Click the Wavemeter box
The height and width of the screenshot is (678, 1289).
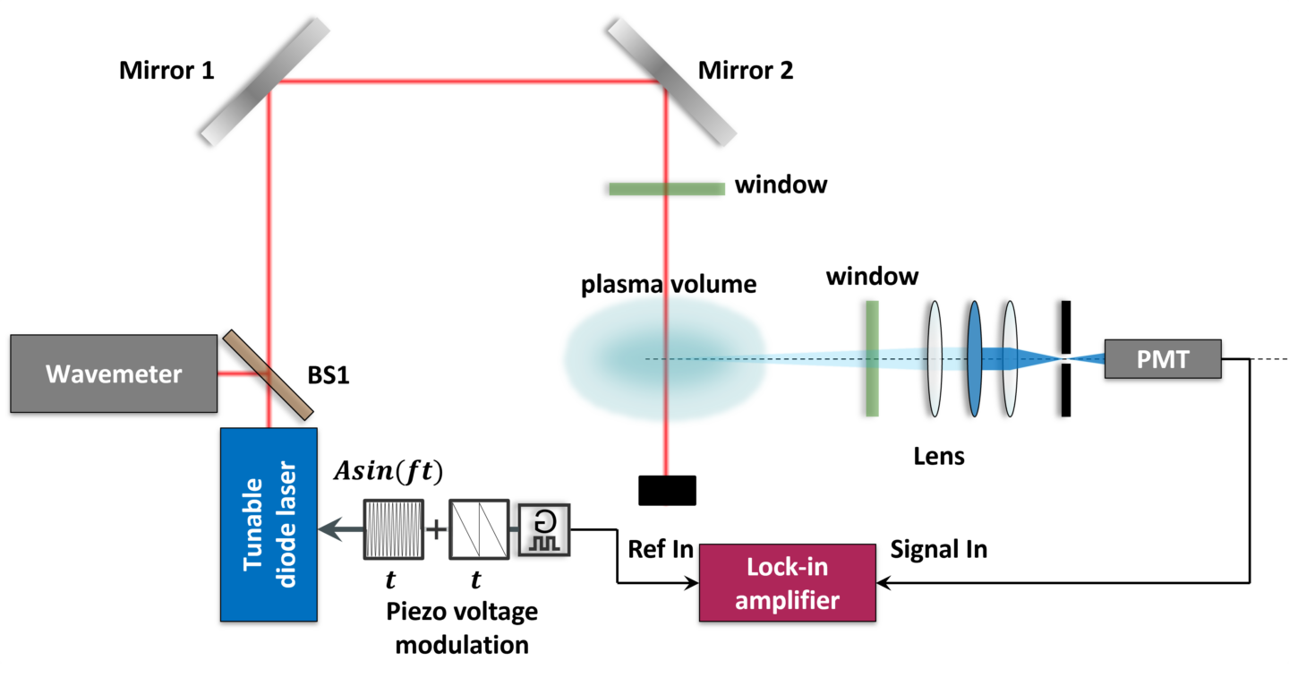pyautogui.click(x=114, y=373)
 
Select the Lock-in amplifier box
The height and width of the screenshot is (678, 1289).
pyautogui.click(x=787, y=583)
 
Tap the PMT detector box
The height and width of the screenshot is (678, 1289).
pyautogui.click(x=1163, y=359)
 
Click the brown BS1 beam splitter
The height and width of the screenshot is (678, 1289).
pyautogui.click(x=269, y=374)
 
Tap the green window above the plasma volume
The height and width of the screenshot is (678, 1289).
pyautogui.click(x=667, y=188)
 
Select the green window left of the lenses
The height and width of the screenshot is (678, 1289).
pyautogui.click(x=872, y=358)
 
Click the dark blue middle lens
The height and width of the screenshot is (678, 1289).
pyautogui.click(x=974, y=358)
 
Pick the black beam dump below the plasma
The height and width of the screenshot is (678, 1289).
pyautogui.click(x=667, y=490)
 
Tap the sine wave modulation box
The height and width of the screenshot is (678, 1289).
pyautogui.click(x=390, y=529)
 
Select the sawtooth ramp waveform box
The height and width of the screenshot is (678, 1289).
pyautogui.click(x=478, y=529)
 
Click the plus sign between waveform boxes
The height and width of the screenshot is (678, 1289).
pyautogui.click(x=435, y=529)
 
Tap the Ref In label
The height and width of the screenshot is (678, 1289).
pyautogui.click(x=661, y=548)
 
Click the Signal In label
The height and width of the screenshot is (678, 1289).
pyautogui.click(x=938, y=548)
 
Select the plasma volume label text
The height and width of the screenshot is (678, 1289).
pyautogui.click(x=669, y=285)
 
